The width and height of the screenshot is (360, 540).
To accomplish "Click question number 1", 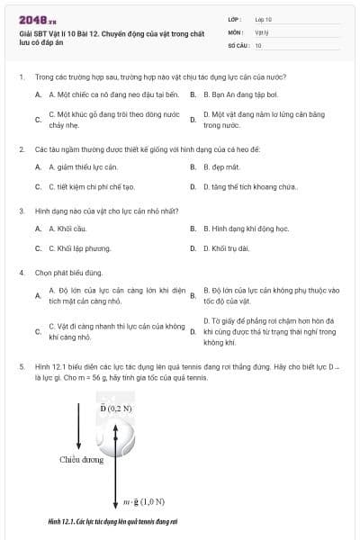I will (x=21, y=77).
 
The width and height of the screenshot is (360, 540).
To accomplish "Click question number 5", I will (x=21, y=367).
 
